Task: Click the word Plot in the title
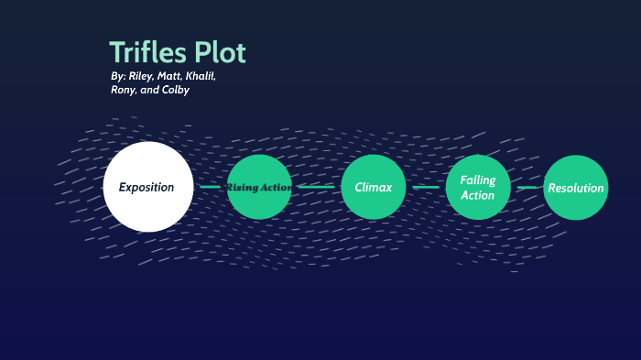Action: tap(221, 52)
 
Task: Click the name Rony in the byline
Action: tap(123, 91)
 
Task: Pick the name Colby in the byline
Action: tap(176, 91)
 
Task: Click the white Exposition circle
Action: tap(147, 187)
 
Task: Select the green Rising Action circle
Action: tap(259, 187)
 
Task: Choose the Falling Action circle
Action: tap(477, 187)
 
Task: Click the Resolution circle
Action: tap(576, 187)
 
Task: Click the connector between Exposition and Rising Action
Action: tap(210, 187)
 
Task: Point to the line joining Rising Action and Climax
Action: tap(316, 187)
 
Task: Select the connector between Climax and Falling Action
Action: tap(426, 187)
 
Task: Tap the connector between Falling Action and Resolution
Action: tap(527, 187)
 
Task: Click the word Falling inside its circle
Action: tap(477, 180)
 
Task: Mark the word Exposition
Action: tap(147, 187)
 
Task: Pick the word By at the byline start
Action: tap(115, 77)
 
